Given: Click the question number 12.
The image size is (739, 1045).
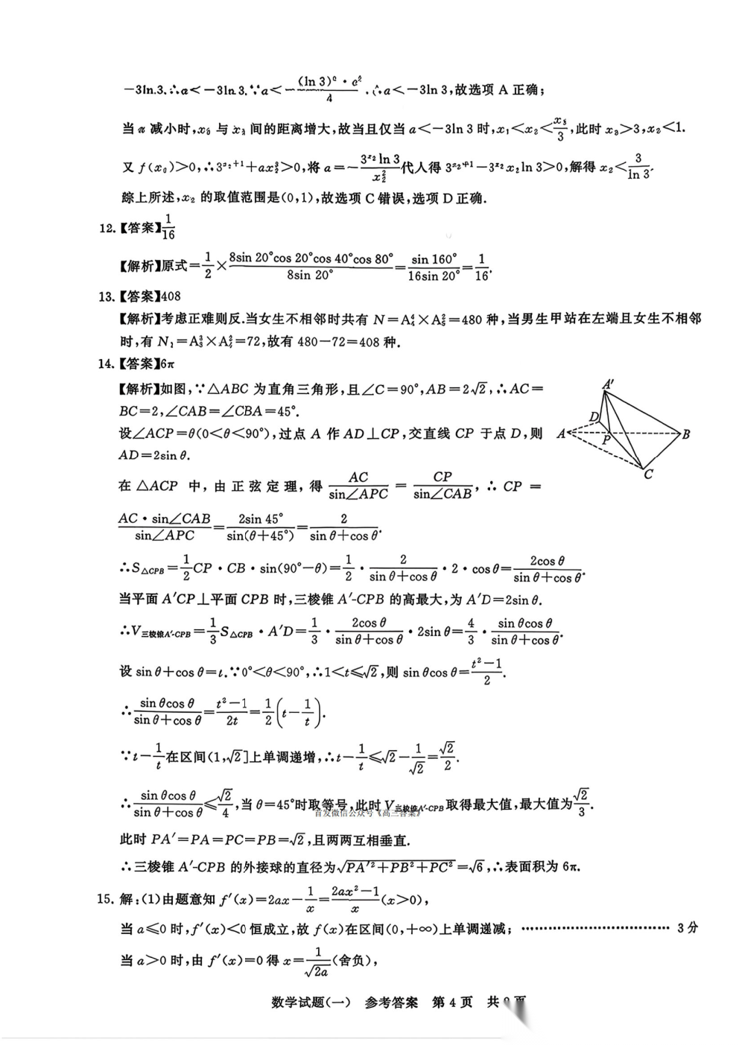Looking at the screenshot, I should (107, 228).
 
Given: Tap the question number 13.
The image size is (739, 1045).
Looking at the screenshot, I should (107, 296).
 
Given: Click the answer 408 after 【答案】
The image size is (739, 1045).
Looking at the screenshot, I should (171, 296).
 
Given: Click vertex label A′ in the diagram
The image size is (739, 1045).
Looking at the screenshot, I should (608, 384).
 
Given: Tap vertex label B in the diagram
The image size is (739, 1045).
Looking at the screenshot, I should (686, 434).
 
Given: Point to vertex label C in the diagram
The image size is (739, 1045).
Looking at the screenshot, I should (648, 474).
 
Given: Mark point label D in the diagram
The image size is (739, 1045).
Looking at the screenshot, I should (594, 416).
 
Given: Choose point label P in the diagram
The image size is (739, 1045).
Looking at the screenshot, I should (606, 440).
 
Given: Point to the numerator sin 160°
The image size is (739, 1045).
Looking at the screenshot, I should (434, 259).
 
